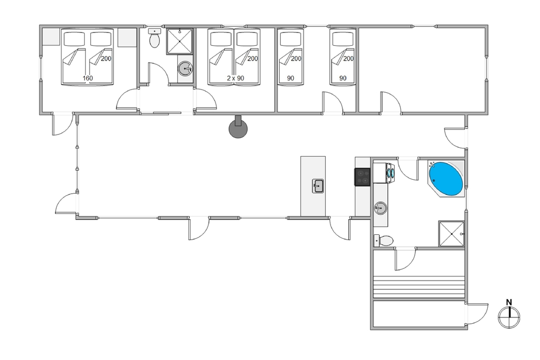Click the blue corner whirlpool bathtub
coord(446,178)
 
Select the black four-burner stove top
coord(362,176)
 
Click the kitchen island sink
coord(318,186)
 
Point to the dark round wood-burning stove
coord(238,128)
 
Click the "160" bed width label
coord(87,78)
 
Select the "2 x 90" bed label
coord(235,78)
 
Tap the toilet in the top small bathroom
coord(154,38)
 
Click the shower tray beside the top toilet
coord(179,42)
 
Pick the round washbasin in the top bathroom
coord(185,69)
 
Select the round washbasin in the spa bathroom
coord(381,208)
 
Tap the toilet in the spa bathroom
coord(383,241)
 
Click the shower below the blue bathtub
coord(451,234)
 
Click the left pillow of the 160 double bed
coord(75,39)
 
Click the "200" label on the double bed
coord(106,58)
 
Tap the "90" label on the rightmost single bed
coord(343,78)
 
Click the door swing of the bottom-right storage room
coord(479,314)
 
